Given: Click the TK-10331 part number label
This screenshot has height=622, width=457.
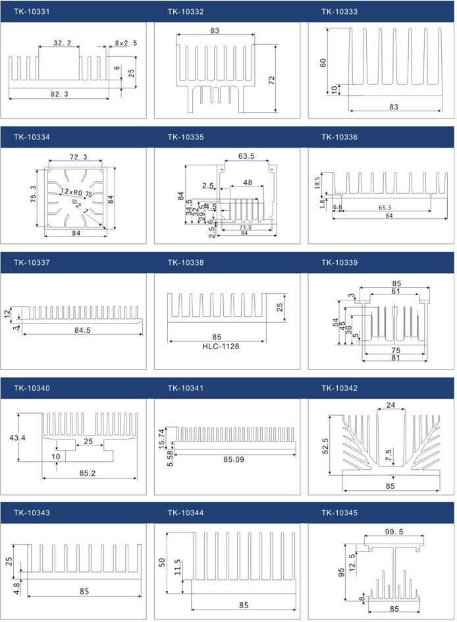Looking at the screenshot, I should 31,12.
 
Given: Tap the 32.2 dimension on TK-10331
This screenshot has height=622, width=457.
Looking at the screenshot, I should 62,43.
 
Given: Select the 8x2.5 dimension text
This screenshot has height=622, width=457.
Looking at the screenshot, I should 126,43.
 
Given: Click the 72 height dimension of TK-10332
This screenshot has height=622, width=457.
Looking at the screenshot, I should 271,80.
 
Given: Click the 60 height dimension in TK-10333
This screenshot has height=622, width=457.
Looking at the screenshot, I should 323,63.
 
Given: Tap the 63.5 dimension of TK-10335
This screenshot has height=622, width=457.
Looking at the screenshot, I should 246,157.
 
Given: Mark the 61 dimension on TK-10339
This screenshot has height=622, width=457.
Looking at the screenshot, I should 394,291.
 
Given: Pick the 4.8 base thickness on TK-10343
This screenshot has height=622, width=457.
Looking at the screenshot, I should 17,584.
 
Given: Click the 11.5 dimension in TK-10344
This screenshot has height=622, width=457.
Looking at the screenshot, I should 178,566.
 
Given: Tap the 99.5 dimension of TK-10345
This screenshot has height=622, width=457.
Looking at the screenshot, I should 394,532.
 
